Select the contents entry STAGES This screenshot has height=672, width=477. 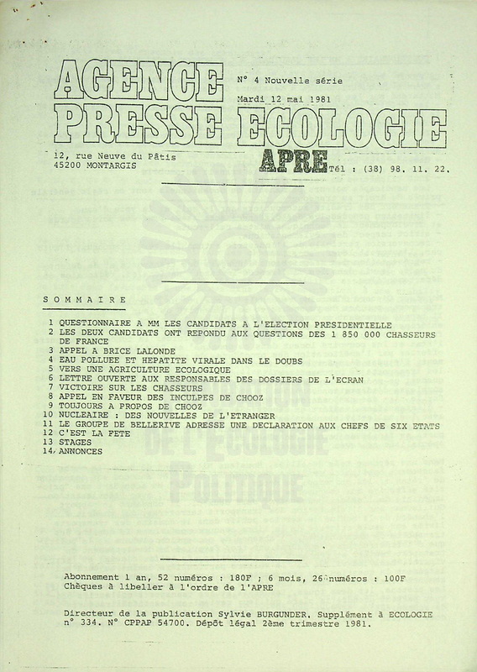coord(76,443)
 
